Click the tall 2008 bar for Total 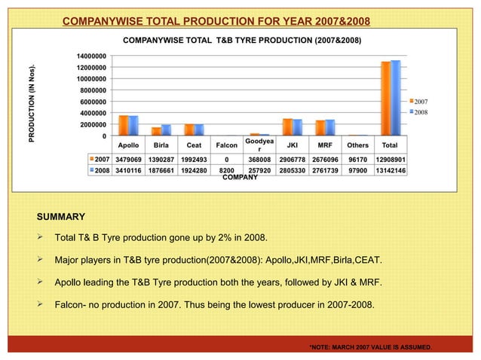(396, 98)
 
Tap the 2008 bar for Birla (166, 130)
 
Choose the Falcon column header (226, 145)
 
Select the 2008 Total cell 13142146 (391, 170)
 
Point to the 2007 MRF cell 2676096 (325, 160)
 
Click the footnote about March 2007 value (370, 346)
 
